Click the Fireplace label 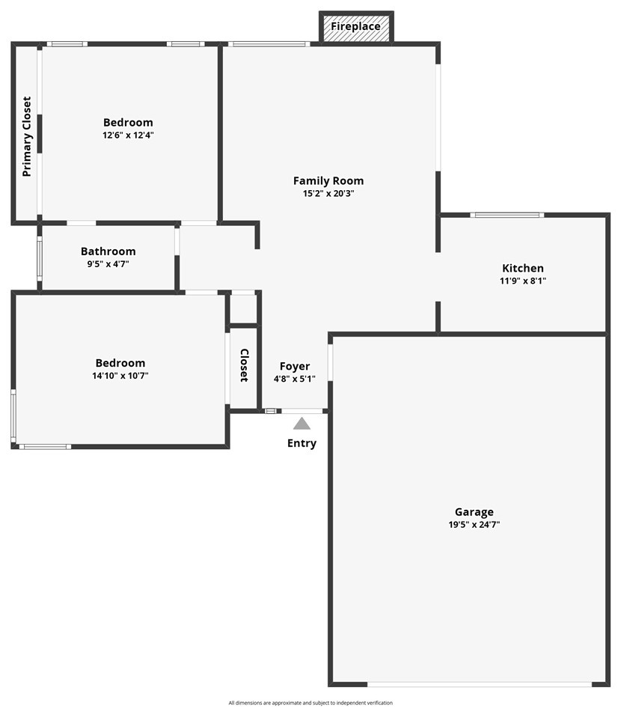(x=355, y=27)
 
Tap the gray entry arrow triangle (x=302, y=424)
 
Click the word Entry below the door (x=302, y=443)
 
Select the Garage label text (x=474, y=512)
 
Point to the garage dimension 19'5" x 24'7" (x=474, y=525)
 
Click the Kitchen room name (x=523, y=268)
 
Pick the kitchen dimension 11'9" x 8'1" (x=523, y=281)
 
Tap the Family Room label (x=328, y=180)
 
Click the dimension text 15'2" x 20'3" (x=328, y=193)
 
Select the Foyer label (x=295, y=366)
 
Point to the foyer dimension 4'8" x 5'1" (x=295, y=379)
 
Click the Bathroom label (x=108, y=251)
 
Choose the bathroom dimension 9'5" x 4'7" (x=108, y=263)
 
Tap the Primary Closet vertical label (x=27, y=136)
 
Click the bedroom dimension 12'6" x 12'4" (x=128, y=135)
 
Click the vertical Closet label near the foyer (x=244, y=365)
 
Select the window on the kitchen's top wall (x=507, y=216)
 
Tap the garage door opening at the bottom (x=480, y=683)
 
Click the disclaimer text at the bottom (x=310, y=703)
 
